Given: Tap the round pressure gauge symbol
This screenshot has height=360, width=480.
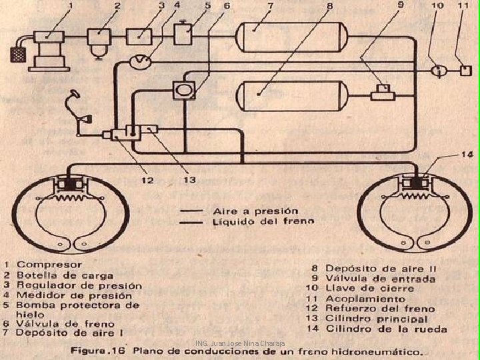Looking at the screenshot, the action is click(141, 61).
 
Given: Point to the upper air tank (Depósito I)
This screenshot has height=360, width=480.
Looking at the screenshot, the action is click(271, 35).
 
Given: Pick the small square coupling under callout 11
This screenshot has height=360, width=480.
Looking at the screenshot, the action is click(465, 69).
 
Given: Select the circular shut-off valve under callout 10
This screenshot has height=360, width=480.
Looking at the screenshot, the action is click(438, 69).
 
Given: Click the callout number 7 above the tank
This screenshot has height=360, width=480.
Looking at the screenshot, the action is click(271, 5).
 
